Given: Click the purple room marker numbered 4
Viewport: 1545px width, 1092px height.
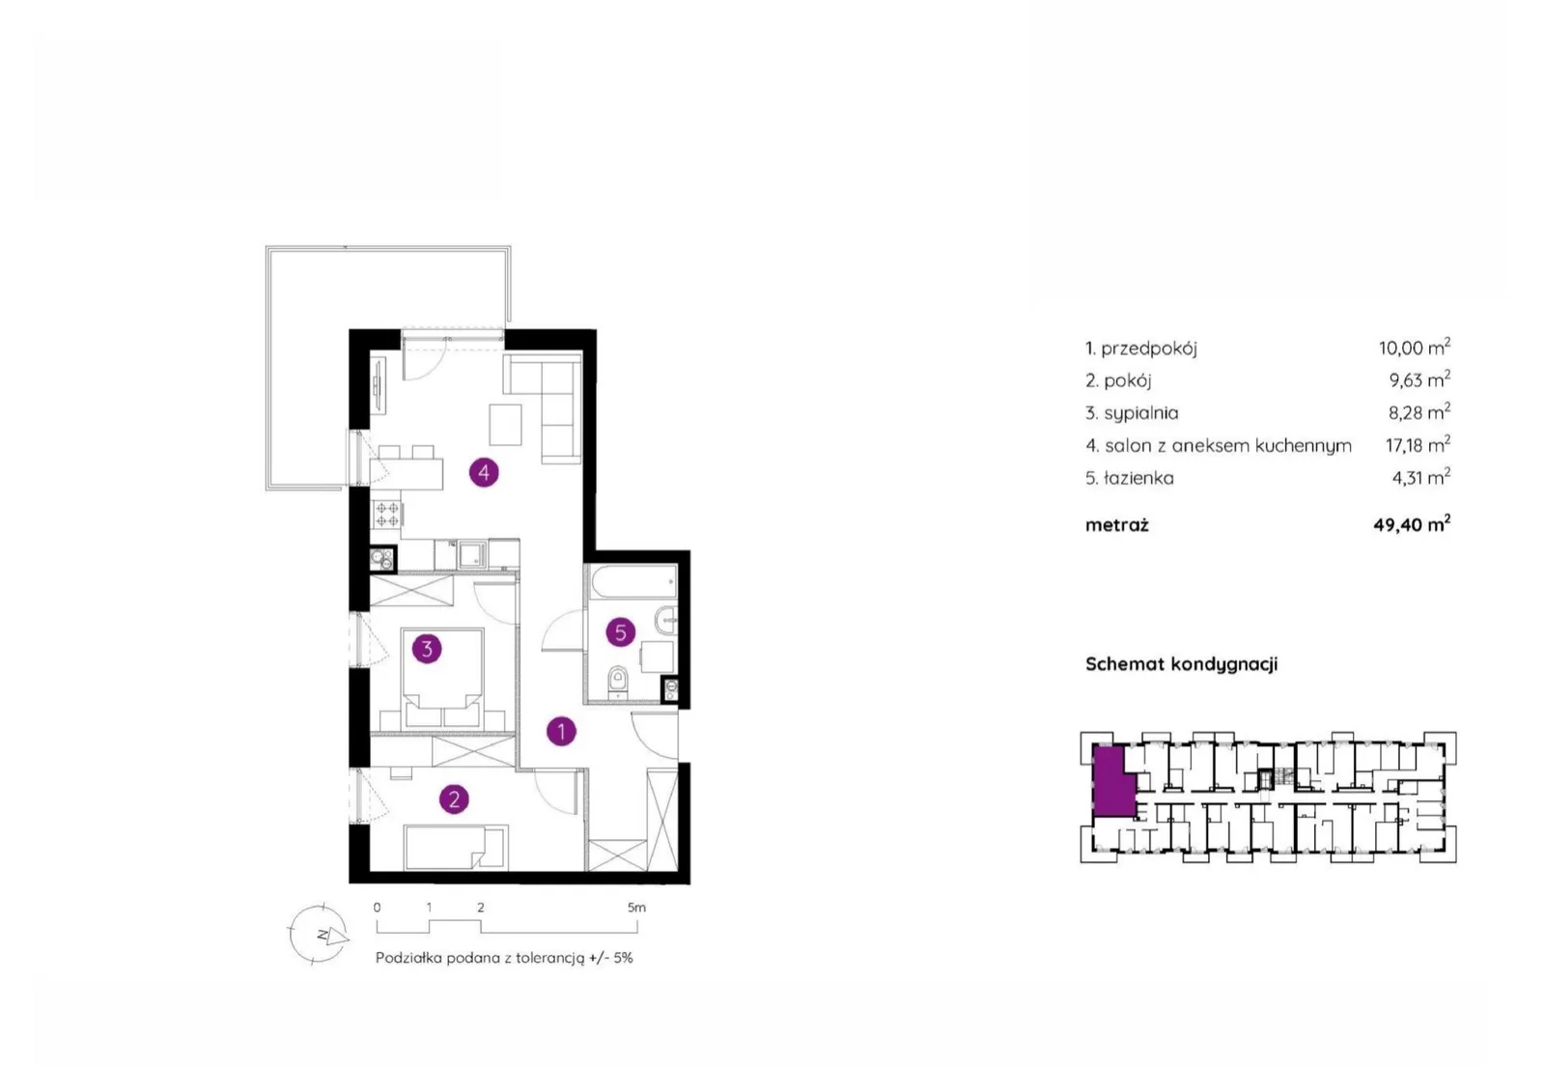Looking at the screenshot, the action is point(484,472).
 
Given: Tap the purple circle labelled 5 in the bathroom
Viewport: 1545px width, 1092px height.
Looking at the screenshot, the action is point(620,631).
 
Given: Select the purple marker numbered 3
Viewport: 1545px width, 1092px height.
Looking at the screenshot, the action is point(426,649).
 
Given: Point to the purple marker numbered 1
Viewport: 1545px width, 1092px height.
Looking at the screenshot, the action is point(561,731).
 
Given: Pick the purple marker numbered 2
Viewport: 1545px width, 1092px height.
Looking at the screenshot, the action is point(454,799).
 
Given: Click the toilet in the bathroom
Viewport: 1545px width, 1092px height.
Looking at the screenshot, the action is point(618,681).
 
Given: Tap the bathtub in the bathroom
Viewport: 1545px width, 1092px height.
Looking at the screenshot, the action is point(633,583).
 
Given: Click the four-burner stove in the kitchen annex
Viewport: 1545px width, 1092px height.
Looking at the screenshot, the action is point(386,515).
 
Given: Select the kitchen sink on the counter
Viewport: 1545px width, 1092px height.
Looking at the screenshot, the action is point(473,554).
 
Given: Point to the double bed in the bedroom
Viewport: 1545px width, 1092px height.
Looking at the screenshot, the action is point(442,678).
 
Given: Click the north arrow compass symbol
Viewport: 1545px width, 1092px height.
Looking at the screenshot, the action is point(319,934).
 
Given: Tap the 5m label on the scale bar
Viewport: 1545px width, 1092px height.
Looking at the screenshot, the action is point(636,908).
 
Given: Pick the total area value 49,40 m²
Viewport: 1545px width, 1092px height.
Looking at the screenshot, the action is point(1412,524).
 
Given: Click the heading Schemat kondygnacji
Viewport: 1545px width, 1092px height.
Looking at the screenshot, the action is point(1182,664).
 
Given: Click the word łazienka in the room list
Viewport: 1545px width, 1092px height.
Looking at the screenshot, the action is point(1138,478).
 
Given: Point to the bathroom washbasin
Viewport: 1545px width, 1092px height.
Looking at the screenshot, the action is point(667,620).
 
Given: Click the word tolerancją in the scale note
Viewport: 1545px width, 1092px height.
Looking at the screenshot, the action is point(549,958).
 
